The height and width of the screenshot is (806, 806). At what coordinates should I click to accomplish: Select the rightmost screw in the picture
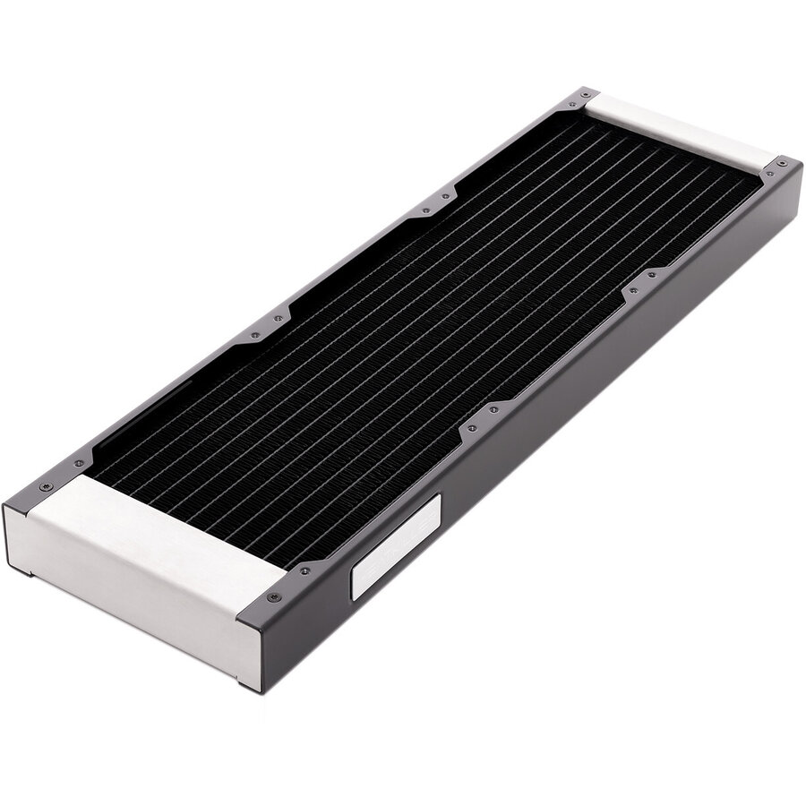click(x=785, y=164)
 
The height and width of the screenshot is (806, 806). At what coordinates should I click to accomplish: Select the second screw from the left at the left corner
click(x=80, y=463)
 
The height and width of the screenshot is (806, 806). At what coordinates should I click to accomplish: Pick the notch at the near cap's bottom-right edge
click(x=242, y=685)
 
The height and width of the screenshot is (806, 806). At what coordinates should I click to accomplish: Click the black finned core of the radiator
click(x=403, y=340)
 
